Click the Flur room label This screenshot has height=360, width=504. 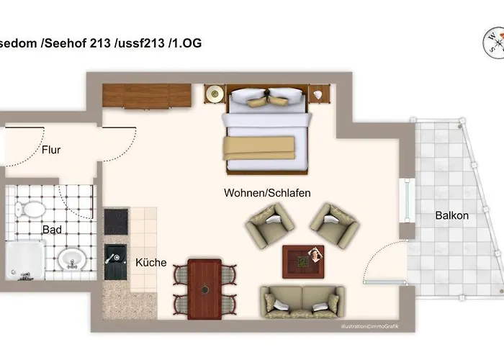(x=50, y=150)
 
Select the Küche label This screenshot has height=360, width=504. (x=150, y=263)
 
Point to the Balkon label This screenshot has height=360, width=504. (x=451, y=215)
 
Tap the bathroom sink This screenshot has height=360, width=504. (x=70, y=257)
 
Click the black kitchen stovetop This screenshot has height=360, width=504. (x=116, y=222)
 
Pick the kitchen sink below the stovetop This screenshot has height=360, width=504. (x=116, y=261)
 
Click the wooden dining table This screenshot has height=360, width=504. (x=204, y=289)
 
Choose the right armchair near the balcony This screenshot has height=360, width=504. (x=335, y=224)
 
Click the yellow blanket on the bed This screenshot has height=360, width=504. (x=258, y=148)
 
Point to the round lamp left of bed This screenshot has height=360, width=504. (x=214, y=94)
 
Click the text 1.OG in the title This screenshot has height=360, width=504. (x=186, y=43)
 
